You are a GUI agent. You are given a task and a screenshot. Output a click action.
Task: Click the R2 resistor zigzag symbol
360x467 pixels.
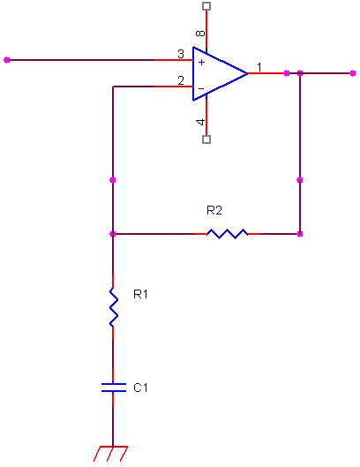tap(227, 234)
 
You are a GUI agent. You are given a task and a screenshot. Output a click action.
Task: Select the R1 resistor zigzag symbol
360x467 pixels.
tap(113, 307)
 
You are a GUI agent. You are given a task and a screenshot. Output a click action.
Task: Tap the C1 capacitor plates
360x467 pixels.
tap(114, 388)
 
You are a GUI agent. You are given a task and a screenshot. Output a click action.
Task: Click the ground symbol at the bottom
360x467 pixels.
tap(111, 454)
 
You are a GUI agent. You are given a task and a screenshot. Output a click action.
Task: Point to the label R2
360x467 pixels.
tap(214, 211)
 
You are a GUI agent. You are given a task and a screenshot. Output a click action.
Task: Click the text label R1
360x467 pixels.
tap(140, 294)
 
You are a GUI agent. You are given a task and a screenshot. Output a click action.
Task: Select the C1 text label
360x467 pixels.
tap(140, 388)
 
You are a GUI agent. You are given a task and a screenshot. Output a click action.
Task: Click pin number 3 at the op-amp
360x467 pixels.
tap(181, 54)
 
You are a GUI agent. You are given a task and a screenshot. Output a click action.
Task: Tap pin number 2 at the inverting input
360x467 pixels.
tap(181, 80)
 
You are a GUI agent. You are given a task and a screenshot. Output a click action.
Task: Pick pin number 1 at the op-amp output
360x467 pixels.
tap(259, 67)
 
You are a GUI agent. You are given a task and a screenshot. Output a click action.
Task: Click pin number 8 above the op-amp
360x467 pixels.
tap(200, 33)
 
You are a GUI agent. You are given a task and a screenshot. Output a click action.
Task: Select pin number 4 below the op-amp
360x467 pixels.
tap(200, 122)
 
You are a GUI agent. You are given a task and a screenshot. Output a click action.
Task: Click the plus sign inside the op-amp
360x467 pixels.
tap(201, 63)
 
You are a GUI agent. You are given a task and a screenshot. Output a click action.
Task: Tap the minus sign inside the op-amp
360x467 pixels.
tap(201, 88)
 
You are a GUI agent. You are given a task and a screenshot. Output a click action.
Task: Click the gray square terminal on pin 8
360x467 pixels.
tap(206, 6)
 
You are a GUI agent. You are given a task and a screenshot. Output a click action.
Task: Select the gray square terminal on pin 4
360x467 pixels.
tap(206, 139)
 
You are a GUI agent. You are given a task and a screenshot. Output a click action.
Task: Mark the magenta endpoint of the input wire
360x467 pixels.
tap(6, 60)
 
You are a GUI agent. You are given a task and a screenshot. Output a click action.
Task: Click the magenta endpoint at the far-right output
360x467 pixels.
tap(353, 73)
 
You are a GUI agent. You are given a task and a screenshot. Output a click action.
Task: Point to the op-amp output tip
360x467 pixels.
tap(247, 73)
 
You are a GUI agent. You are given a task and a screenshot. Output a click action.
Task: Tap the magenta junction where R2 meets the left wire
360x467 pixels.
tap(113, 234)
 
